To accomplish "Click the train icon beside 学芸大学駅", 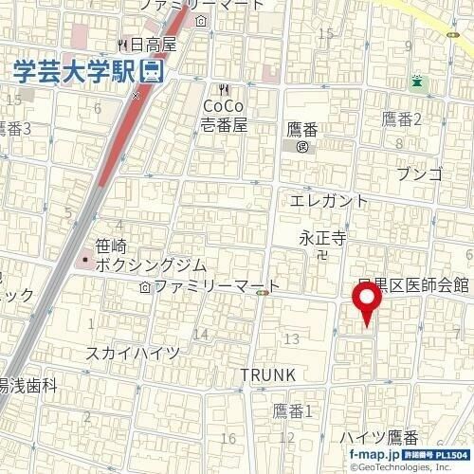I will click(x=150, y=70).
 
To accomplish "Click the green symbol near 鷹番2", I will click(x=417, y=82).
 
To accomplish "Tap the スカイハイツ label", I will click(x=133, y=354).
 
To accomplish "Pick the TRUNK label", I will click(x=267, y=374).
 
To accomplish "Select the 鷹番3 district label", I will click(x=16, y=129).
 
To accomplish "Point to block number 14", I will click(x=200, y=334).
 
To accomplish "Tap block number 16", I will click(x=228, y=438).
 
